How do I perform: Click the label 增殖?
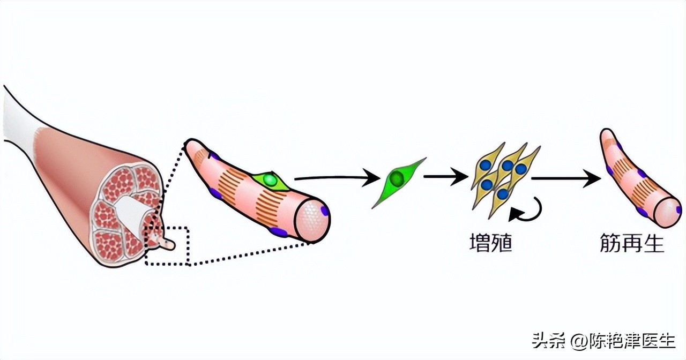490,244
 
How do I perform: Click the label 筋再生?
632,244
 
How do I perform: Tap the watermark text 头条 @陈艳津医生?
603,340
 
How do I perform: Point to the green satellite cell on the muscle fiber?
271,181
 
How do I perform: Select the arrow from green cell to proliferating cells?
444,176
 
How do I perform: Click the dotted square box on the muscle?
167,246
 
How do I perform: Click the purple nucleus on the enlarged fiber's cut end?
324,211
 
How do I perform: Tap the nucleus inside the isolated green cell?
397,179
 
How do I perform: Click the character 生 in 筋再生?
653,244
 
